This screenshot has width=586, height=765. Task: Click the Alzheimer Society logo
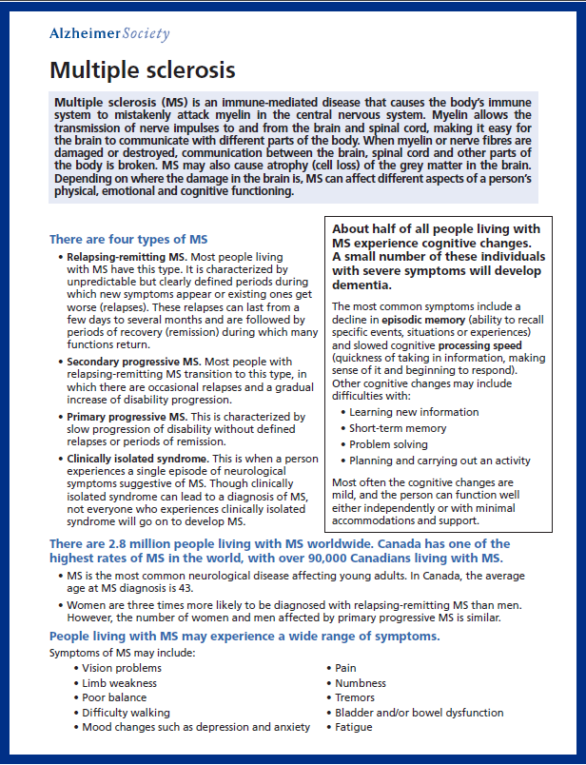(108, 34)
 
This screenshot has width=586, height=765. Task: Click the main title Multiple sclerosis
(142, 70)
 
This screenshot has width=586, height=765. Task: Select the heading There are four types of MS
(128, 239)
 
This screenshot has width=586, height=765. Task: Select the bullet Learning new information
(414, 412)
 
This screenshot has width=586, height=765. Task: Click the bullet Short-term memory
(397, 428)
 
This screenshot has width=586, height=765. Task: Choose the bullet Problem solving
(388, 444)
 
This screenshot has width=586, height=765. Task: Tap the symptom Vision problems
(121, 669)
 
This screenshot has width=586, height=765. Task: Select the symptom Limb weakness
(118, 683)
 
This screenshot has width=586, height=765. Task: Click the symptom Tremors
(355, 697)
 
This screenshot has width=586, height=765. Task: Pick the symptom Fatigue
(353, 727)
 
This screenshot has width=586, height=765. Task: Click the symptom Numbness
(361, 683)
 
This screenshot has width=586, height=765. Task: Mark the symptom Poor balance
(114, 697)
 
